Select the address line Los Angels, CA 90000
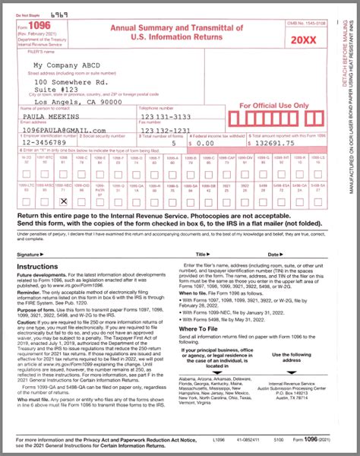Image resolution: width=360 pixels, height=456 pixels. (77, 101)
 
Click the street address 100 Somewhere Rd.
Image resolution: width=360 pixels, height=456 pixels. (70, 81)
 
